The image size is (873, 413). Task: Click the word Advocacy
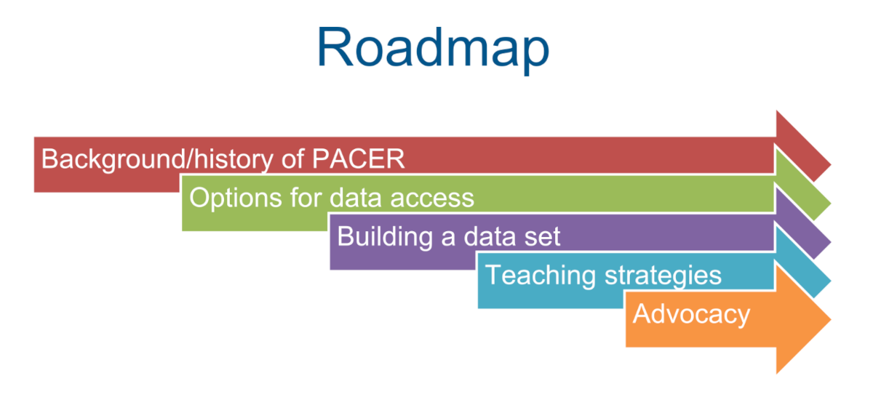point(690,313)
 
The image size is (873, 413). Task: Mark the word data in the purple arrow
point(485,236)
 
